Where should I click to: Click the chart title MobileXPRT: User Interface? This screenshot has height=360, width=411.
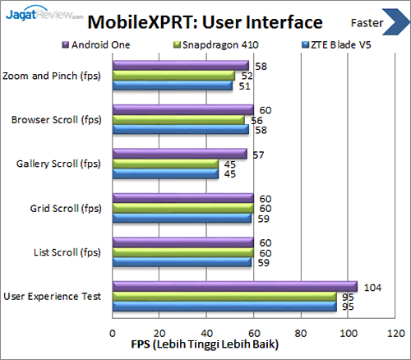pyautogui.click(x=205, y=20)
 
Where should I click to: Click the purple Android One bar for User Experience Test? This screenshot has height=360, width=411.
pyautogui.click(x=234, y=287)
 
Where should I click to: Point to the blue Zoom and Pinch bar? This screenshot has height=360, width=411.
pyautogui.click(x=172, y=85)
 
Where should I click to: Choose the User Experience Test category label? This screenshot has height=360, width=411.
pyautogui.click(x=52, y=296)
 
